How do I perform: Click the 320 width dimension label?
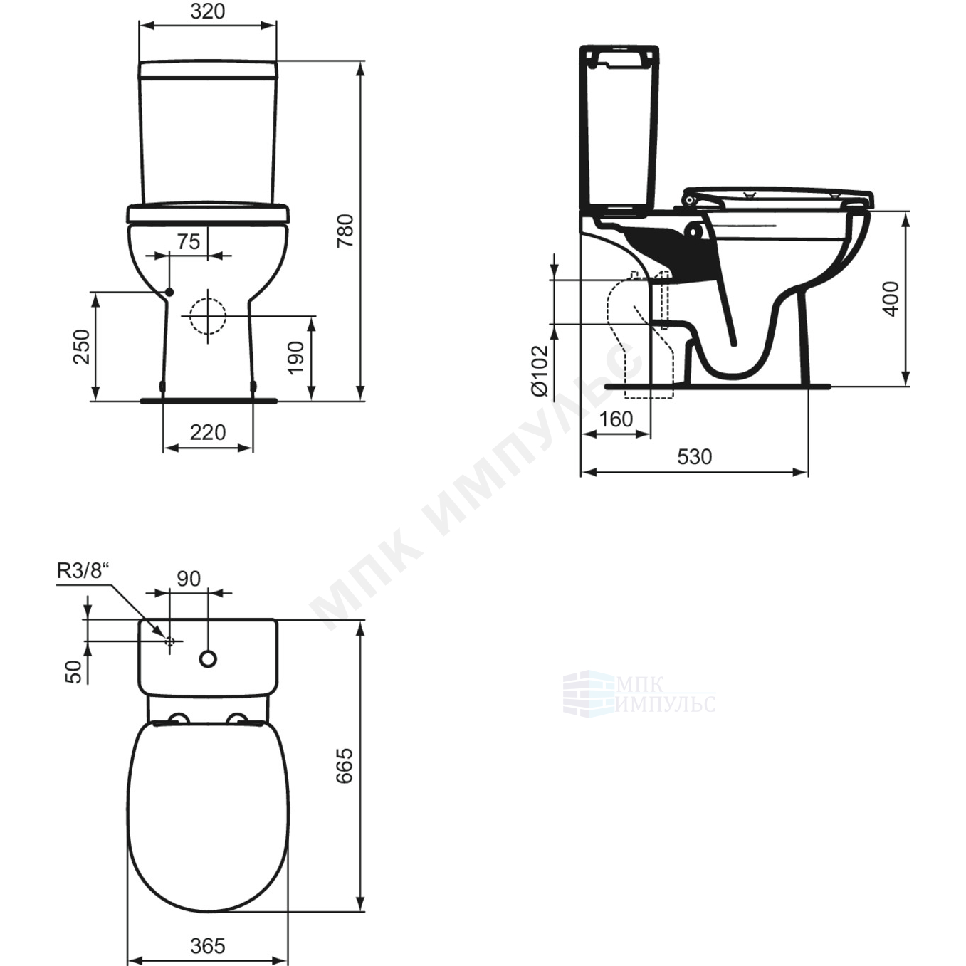point(208,11)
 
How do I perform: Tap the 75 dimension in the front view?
point(189,241)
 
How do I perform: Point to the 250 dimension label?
point(82,347)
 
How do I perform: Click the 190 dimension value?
point(295,357)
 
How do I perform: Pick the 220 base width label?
point(208,432)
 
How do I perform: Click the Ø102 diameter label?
point(539,370)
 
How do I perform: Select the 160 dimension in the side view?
point(616,419)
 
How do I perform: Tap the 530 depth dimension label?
point(694,457)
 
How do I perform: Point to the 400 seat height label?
point(891,299)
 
